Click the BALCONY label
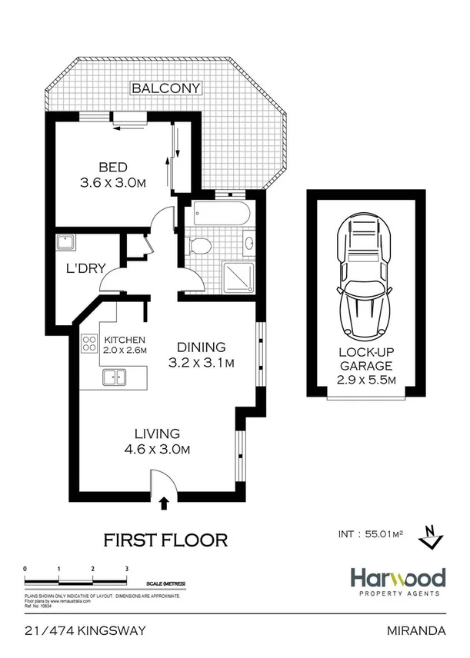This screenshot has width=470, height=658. [166, 88]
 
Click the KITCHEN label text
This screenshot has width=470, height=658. [125, 340]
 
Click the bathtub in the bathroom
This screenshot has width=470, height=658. [220, 212]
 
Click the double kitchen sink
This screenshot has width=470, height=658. [116, 377]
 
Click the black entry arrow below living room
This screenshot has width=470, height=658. [163, 503]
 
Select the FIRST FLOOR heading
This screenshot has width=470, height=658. [165, 540]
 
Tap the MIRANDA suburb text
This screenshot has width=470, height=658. [418, 631]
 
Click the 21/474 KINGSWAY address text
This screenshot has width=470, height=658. [85, 631]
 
